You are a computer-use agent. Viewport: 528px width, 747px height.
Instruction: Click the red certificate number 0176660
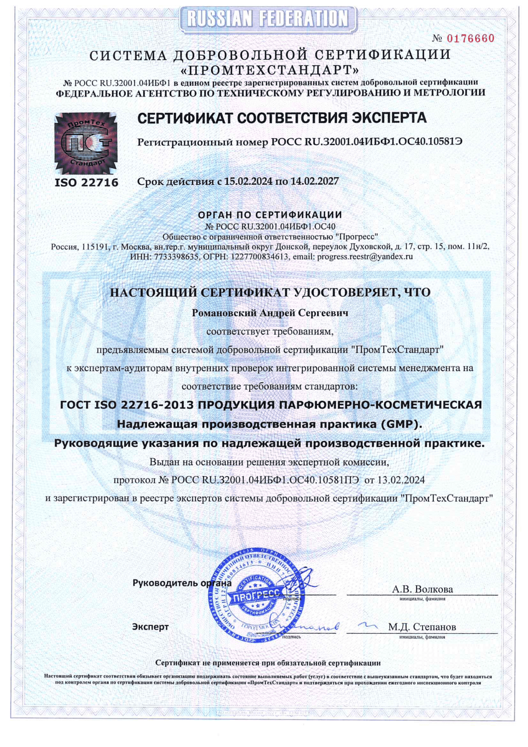point(470,38)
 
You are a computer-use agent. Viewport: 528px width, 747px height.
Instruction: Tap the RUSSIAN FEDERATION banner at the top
point(268,19)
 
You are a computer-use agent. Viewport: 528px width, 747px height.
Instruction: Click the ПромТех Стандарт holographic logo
point(86,143)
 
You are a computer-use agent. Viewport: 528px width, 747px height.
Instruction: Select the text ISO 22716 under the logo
point(86,182)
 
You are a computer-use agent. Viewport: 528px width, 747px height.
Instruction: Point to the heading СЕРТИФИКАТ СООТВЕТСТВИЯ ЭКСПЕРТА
point(282,118)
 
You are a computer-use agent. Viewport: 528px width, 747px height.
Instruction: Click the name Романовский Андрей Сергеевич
point(270,313)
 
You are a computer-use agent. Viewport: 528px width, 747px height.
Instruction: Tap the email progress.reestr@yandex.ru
point(365,257)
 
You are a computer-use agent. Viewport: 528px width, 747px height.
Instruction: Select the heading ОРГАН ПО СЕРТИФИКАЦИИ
point(270,214)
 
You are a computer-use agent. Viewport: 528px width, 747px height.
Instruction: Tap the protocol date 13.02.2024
point(401,480)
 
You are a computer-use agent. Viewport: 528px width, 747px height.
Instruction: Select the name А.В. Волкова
point(422,589)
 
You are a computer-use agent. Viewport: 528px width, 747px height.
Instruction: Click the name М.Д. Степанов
point(422,627)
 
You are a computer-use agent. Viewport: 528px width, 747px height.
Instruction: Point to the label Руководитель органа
point(181,583)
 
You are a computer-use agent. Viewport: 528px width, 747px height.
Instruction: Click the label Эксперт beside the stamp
point(150,627)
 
